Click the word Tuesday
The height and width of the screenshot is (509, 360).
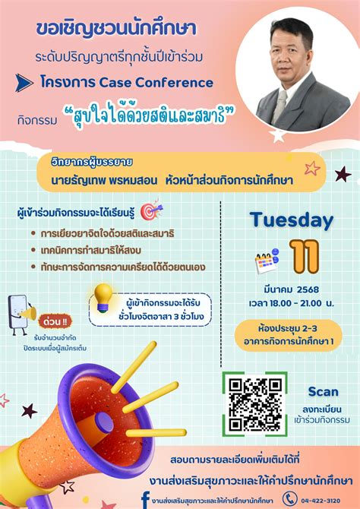(292, 220)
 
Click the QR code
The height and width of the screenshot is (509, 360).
(255, 403)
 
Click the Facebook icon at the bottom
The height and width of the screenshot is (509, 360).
(144, 498)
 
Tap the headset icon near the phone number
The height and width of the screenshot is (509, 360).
(289, 498)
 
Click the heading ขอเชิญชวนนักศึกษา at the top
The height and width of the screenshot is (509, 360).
(116, 29)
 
